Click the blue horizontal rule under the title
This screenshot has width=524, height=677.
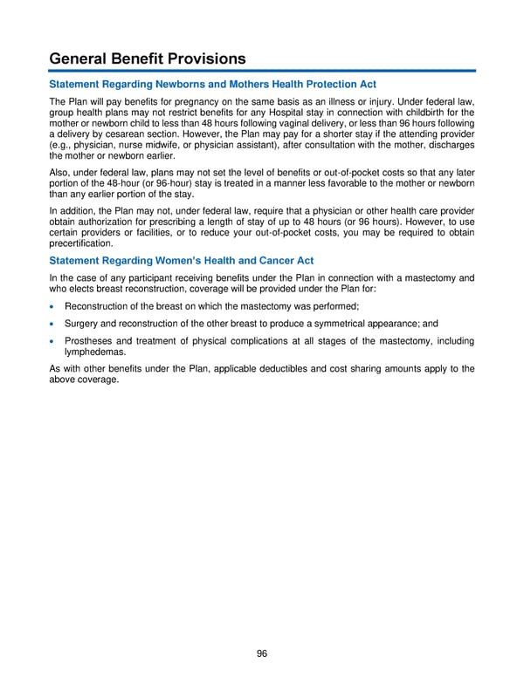(262, 71)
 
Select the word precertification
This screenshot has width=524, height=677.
(85, 246)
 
